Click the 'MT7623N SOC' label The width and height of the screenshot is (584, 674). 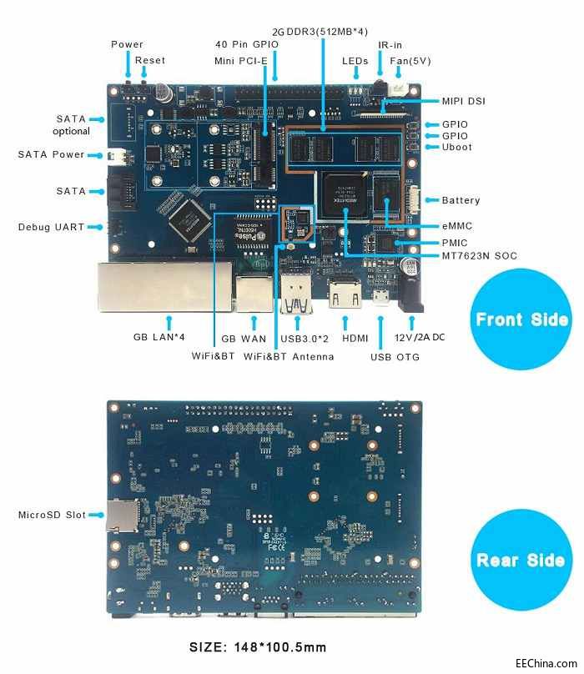(479, 256)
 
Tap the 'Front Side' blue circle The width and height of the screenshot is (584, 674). (521, 319)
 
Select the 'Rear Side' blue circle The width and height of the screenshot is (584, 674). (521, 560)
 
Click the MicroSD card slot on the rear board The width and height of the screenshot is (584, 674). (122, 516)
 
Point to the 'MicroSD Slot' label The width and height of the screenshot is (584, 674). (52, 515)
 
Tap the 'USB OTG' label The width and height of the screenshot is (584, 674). (395, 357)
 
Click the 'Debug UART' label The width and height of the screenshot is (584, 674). (51, 227)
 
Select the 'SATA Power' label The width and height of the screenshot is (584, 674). (51, 154)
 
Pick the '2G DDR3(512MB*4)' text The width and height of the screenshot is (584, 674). (320, 32)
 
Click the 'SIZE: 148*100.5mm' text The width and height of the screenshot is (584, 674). (258, 647)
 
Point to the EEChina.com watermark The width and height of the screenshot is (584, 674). (546, 663)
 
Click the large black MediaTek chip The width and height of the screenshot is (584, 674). (345, 194)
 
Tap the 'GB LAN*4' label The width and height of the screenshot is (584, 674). (159, 337)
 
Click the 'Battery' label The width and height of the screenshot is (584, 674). (461, 200)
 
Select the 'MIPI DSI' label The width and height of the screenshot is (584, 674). (464, 101)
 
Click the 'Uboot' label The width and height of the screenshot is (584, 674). (456, 147)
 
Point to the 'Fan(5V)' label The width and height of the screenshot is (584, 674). (410, 61)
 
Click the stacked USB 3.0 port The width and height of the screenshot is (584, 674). (296, 293)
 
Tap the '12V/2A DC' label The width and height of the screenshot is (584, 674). (420, 337)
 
